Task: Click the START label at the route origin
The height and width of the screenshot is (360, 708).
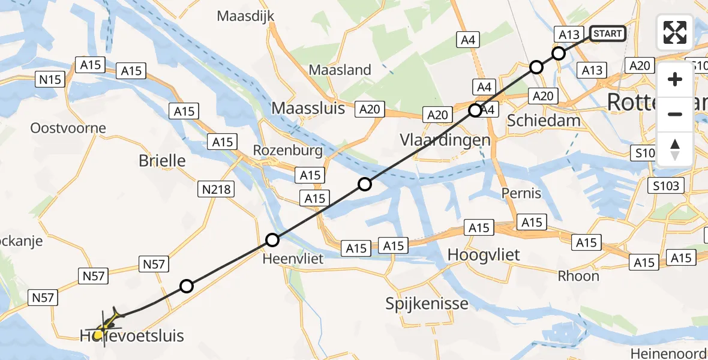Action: [x=608, y=34]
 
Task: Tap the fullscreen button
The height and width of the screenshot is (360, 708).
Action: [x=675, y=32]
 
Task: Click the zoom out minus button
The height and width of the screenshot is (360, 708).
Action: [x=675, y=114]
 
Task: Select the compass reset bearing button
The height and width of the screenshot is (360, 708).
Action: [x=675, y=149]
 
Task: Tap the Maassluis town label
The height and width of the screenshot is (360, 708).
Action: [x=308, y=108]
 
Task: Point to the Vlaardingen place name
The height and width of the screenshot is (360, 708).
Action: [x=445, y=140]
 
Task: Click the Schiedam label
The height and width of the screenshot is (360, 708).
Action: [x=544, y=120]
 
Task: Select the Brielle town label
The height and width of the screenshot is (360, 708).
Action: [x=162, y=161]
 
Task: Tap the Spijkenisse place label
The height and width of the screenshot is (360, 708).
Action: [x=428, y=303]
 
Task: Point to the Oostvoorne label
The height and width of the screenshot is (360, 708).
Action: [x=68, y=128]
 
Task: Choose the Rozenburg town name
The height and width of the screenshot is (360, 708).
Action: [x=287, y=150]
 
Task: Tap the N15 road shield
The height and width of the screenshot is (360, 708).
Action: [x=50, y=79]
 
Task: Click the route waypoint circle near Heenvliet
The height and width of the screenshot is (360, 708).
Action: [x=272, y=241]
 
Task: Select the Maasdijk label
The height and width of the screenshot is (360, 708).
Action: [x=245, y=16]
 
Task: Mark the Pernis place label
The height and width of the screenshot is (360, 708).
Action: [x=521, y=193]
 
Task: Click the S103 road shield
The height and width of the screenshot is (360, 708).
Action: [x=667, y=185]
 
